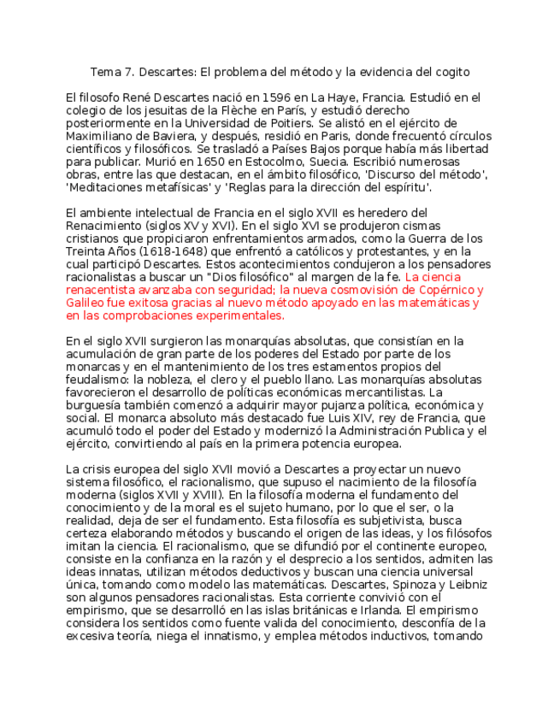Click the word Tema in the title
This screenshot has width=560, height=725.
click(x=107, y=72)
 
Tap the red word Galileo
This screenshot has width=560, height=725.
click(x=85, y=303)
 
